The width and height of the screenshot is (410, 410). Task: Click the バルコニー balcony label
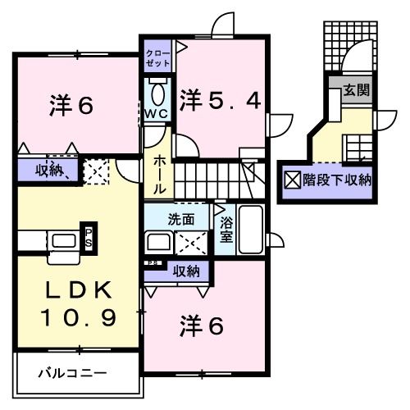[72, 373]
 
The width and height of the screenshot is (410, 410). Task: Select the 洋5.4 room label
[221, 101]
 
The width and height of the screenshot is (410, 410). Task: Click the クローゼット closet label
[158, 57]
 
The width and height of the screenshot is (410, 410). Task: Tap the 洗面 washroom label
[181, 220]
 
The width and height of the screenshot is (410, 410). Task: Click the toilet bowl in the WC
[158, 90]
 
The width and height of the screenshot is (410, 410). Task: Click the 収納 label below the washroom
[184, 271]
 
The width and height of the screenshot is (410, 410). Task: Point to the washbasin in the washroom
[157, 243]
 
